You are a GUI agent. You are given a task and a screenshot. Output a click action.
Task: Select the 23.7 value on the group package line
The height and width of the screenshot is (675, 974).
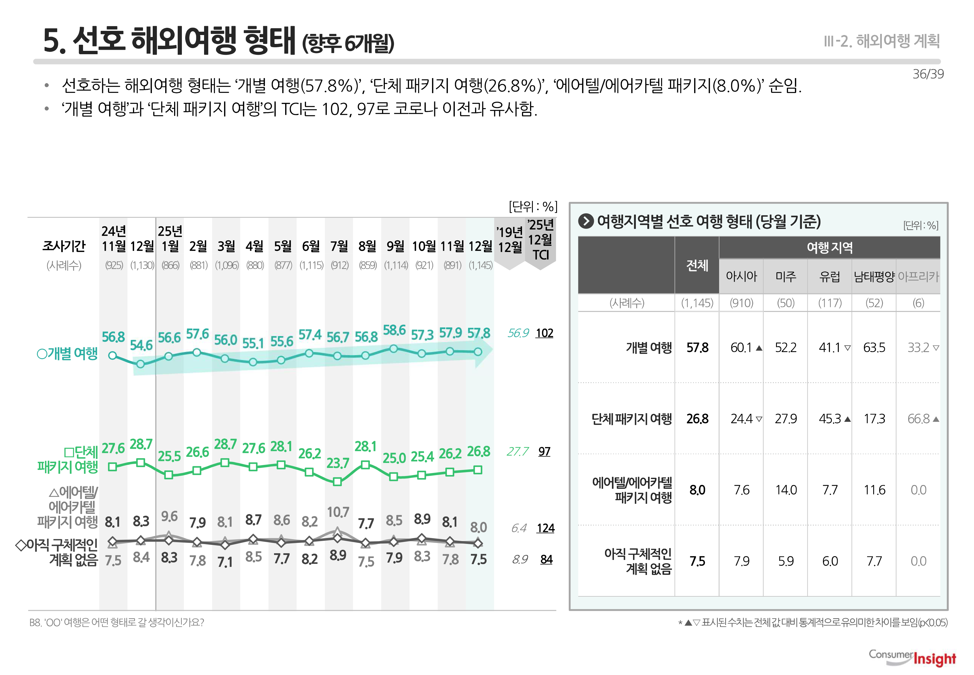[x=338, y=464]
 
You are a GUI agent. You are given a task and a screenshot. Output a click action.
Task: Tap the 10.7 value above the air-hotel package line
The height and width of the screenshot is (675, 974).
[x=338, y=512]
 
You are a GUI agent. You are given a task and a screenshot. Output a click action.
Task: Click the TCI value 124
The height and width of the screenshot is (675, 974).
[x=545, y=528]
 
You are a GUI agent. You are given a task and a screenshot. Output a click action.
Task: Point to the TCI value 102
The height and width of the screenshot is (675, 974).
[x=544, y=333]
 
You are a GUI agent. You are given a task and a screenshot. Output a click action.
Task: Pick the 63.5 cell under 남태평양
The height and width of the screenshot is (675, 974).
[x=874, y=348]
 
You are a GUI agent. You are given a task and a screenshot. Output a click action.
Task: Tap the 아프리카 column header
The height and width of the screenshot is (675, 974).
[x=918, y=277]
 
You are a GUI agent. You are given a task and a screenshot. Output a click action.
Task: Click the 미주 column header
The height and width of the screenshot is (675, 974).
[x=785, y=277]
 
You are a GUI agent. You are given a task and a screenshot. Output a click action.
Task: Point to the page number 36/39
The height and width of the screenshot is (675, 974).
[x=928, y=74]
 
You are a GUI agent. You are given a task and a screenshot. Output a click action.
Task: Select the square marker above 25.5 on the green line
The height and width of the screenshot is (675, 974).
[x=169, y=475]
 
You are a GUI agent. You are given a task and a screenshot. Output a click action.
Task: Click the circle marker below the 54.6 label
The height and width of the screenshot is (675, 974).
[x=141, y=364]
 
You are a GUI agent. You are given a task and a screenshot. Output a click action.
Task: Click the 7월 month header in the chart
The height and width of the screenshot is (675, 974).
[x=339, y=246]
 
